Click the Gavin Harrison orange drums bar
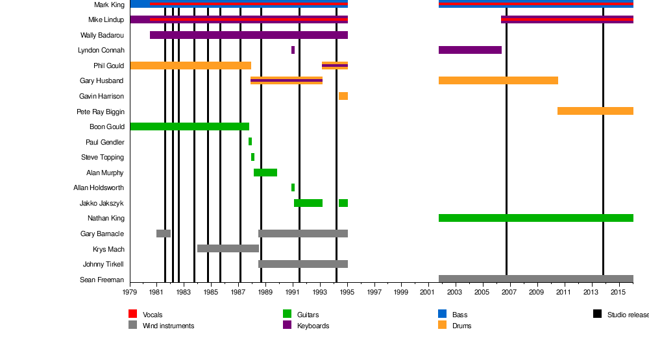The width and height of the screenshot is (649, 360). coord(343,96)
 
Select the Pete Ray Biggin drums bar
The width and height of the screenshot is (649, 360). coord(595,111)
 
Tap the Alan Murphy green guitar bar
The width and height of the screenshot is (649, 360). coord(265,173)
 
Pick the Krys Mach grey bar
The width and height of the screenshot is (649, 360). coord(228,248)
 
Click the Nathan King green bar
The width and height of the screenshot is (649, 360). coord(535,218)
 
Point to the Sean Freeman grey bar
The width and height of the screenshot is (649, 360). coord(535,279)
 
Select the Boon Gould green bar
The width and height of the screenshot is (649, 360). coord(190,126)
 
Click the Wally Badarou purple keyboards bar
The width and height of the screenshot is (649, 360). coord(249,35)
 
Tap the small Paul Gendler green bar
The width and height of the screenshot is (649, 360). coord(250,141)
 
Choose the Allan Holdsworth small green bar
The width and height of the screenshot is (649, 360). coord(293,187)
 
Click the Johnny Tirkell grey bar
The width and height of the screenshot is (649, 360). coord(303,264)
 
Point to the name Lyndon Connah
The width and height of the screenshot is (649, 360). coord(101,51)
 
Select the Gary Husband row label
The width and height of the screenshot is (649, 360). coord(101,81)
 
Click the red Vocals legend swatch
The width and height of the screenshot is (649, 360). coord(132,314)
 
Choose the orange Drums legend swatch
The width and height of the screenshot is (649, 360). coord(443,325)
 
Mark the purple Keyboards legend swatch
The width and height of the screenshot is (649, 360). coord(287,325)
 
